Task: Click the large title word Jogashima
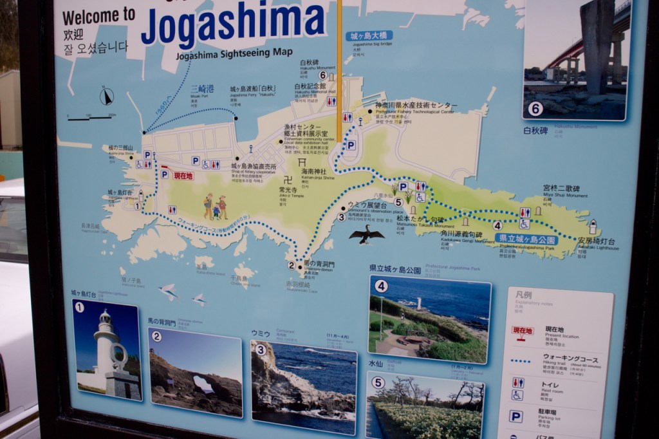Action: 233,23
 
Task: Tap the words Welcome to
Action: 99,15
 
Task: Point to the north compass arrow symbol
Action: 107,97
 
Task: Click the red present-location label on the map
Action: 183,175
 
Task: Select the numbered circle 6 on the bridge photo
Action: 535,109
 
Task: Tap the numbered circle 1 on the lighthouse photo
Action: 79,307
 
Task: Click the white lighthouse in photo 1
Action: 106,348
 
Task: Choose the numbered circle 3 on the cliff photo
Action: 260,350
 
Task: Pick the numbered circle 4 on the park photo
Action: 381,286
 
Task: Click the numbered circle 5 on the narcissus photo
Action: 378,382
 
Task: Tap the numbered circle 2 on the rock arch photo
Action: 156,336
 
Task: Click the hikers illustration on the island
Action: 215,207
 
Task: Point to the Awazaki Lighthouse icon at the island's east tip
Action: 593,227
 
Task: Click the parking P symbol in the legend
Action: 516,416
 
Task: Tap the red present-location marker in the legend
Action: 523,331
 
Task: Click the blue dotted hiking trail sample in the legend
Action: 521,361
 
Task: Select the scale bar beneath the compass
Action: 91,117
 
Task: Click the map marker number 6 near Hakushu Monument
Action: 322,75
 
